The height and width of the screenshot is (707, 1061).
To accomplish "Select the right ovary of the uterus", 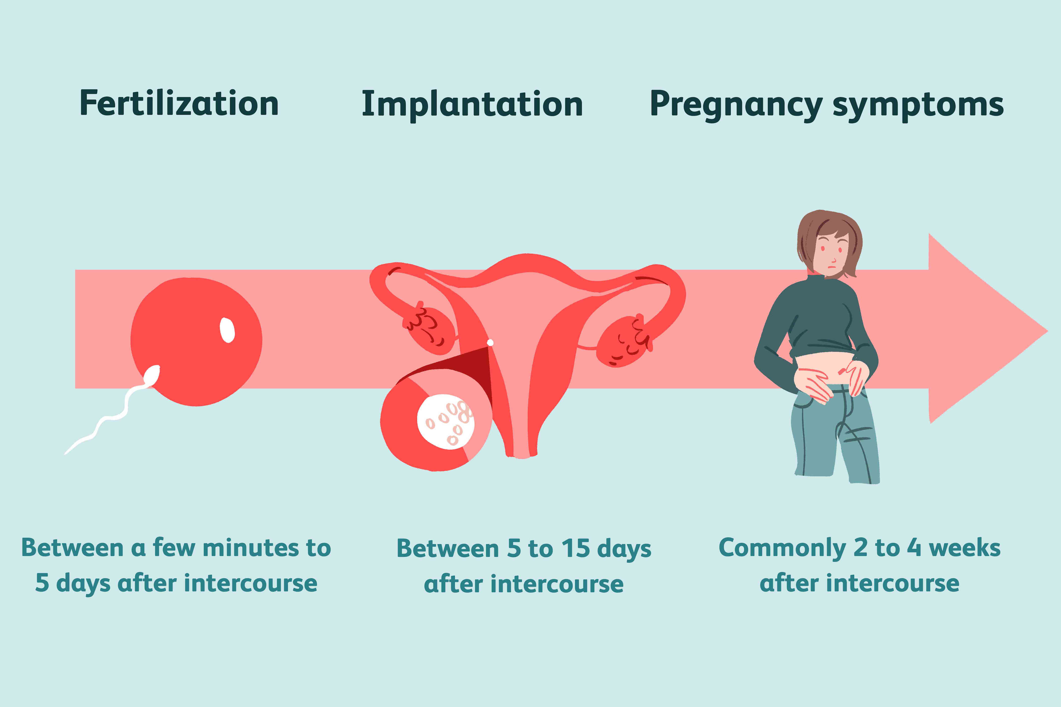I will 623,342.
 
